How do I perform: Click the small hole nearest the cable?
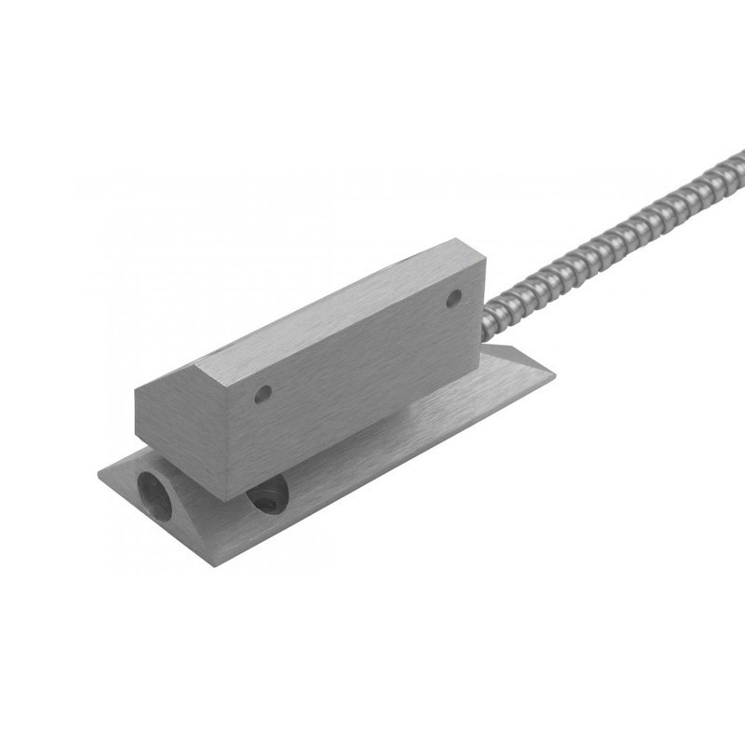[454, 299]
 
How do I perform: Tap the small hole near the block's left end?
[263, 394]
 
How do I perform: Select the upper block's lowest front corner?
[229, 498]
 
